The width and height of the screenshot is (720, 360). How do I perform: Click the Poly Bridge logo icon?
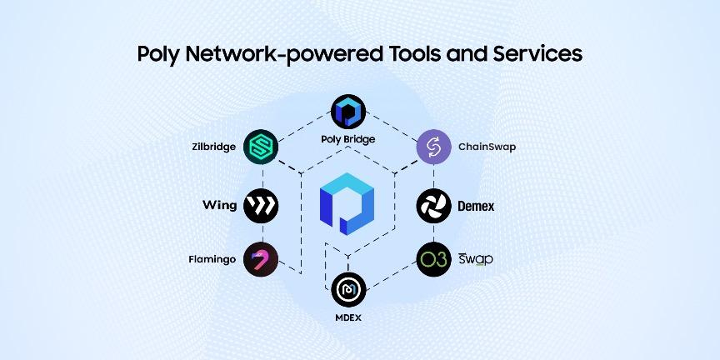(x=347, y=112)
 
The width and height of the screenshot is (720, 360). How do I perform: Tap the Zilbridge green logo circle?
(x=262, y=147)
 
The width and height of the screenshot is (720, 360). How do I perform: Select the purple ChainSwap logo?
(x=433, y=147)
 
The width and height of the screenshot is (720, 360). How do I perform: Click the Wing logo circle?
(x=262, y=205)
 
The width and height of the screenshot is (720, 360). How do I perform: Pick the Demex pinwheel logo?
(x=433, y=205)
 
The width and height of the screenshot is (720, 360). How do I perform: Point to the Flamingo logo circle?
(x=262, y=259)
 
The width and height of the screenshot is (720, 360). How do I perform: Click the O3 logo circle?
(x=433, y=259)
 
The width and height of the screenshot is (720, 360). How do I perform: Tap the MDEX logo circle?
(x=347, y=290)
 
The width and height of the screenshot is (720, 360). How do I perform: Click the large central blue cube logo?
(x=347, y=201)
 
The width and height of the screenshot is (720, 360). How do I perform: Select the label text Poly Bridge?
(x=347, y=139)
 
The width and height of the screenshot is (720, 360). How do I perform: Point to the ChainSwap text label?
(x=487, y=147)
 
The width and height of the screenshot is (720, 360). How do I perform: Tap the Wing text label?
(x=220, y=205)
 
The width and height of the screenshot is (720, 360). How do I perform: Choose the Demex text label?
(x=476, y=205)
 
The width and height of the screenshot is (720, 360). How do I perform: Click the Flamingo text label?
(x=213, y=259)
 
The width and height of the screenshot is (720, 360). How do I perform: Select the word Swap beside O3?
(x=476, y=259)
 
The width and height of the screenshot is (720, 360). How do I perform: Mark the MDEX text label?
(x=347, y=317)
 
